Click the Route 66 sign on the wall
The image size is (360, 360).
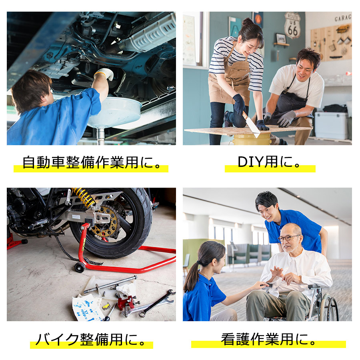(292, 25)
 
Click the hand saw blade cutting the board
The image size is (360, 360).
(252, 124)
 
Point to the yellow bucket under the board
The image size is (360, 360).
(252, 139)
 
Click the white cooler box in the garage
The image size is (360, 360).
(331, 125)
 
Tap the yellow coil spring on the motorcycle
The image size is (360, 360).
(83, 197)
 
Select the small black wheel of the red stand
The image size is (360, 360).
(80, 267)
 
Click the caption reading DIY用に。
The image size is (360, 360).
(269, 162)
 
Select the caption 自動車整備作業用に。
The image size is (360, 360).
(92, 162)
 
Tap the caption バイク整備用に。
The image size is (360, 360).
(91, 339)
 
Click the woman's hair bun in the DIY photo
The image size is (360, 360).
(248, 22)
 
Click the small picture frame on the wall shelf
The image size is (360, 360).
(281, 38)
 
